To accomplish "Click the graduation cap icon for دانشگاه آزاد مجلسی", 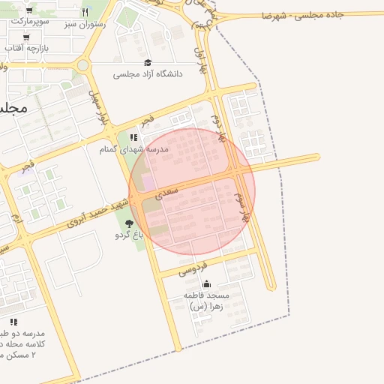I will click(147, 62).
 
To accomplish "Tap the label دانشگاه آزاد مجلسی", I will click(147, 74).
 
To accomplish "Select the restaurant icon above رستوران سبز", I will click(85, 12).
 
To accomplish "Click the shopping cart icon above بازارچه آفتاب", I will click(27, 37).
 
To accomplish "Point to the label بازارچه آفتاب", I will click(25, 48).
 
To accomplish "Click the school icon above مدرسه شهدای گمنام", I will click(133, 138).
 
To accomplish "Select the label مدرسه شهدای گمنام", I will click(134, 149).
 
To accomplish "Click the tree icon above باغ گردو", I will click(129, 223).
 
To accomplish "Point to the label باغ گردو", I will click(128, 235).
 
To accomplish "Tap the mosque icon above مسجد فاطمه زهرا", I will click(206, 284).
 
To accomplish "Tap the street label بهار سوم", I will click(242, 206).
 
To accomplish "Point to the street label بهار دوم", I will click(219, 128).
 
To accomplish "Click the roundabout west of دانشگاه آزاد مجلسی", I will click(82, 65).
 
